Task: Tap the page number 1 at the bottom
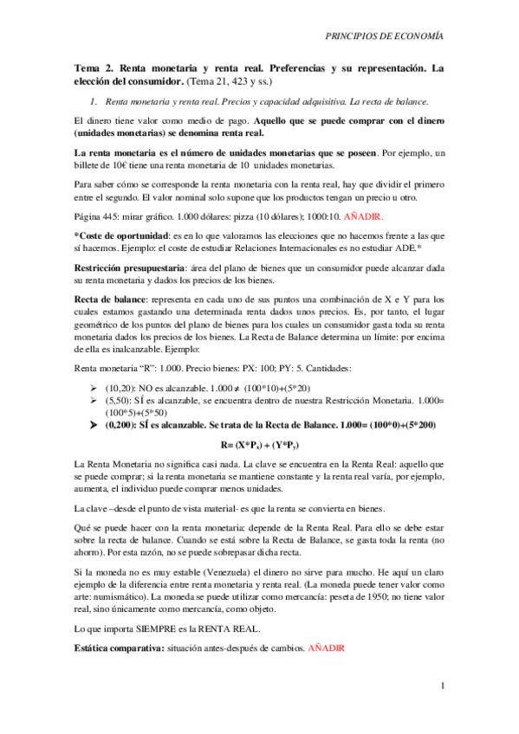coord(442,686)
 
